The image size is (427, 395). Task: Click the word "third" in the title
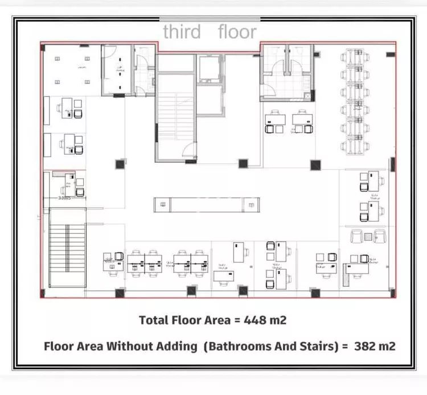pyautogui.click(x=182, y=32)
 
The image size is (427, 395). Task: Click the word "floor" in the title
pyautogui.click(x=237, y=32)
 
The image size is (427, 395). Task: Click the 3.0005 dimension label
pyautogui.click(x=66, y=199)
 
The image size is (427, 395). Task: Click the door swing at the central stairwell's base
pyautogui.click(x=187, y=150)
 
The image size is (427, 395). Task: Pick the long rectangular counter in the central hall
pyautogui.click(x=207, y=204)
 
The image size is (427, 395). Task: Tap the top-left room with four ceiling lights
pyautogui.click(x=72, y=68)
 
